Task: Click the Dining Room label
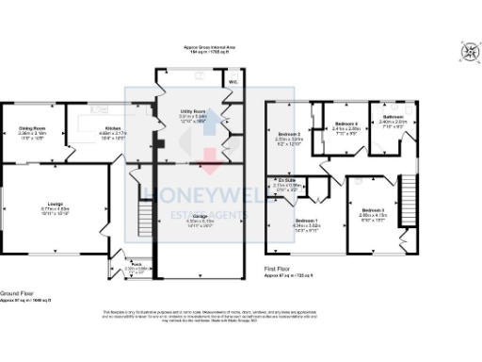[x=34, y=128]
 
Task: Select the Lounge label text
[x=56, y=203]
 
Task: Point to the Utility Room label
[x=193, y=110]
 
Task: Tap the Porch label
[x=136, y=264]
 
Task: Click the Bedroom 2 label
[x=288, y=135]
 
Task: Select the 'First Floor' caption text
[x=279, y=268]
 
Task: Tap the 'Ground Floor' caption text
[x=18, y=294]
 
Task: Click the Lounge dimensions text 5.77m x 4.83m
[x=56, y=208]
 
